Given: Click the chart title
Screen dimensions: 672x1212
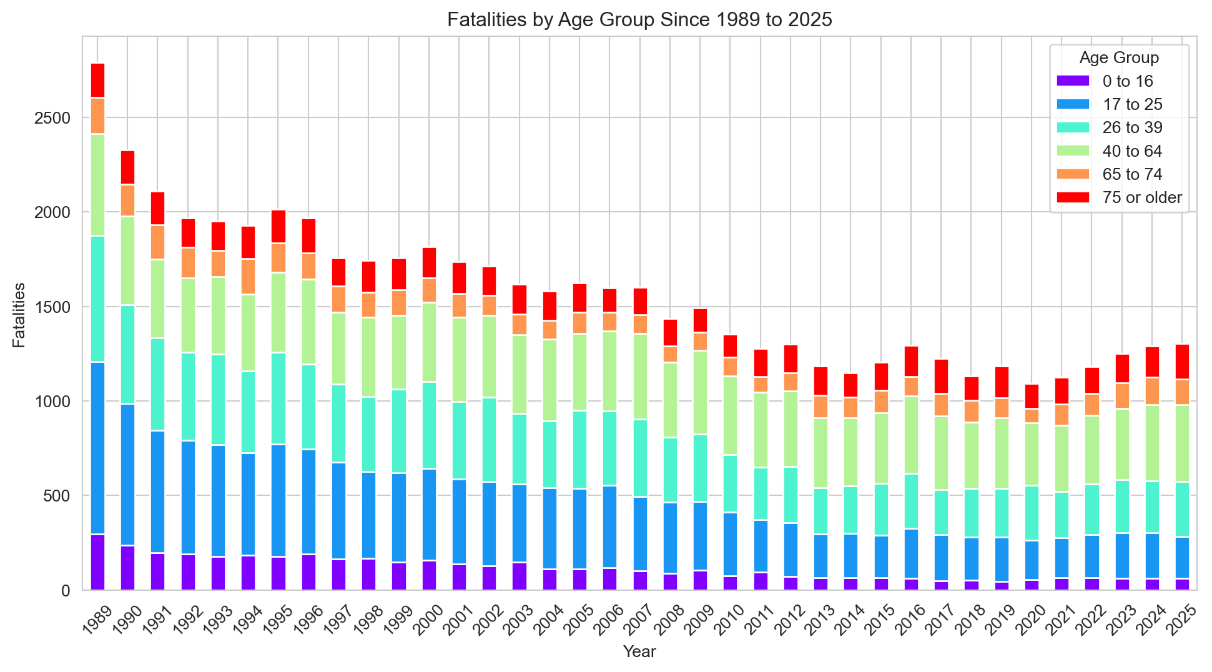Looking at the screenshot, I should click(639, 20).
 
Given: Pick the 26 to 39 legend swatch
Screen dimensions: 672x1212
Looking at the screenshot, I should click(1073, 127).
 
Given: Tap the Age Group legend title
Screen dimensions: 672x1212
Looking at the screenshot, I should click(1119, 57).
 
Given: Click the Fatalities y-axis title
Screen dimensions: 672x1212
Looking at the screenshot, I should click(19, 315).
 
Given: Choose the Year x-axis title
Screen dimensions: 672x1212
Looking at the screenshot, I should click(639, 652).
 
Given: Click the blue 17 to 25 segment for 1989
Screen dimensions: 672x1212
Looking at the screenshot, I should click(97, 448).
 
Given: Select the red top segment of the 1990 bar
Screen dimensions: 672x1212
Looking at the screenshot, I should click(127, 167).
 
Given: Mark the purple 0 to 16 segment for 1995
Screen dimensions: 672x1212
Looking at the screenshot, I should click(278, 573).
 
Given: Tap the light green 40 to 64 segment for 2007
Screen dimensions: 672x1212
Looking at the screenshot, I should click(640, 377).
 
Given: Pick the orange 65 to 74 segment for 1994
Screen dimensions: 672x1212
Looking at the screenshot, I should click(248, 277).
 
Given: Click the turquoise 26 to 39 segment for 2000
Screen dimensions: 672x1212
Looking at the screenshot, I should click(429, 425).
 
